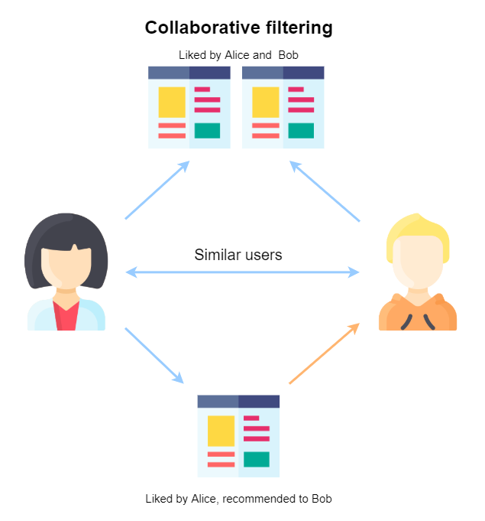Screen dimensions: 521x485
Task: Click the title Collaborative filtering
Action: pyautogui.click(x=238, y=28)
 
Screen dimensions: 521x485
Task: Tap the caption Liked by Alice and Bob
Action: pyautogui.click(x=238, y=55)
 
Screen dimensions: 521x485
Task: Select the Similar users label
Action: pyautogui.click(x=238, y=255)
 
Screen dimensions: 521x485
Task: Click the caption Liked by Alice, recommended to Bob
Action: pyautogui.click(x=238, y=499)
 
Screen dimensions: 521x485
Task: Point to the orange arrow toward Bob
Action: pyautogui.click(x=324, y=353)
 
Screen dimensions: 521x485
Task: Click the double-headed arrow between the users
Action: pyautogui.click(x=242, y=272)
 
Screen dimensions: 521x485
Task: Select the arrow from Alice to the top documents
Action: pyautogui.click(x=157, y=190)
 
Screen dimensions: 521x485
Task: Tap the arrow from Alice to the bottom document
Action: pyautogui.click(x=154, y=356)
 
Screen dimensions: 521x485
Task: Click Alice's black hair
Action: pyautogui.click(x=65, y=230)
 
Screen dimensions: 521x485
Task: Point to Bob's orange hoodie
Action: pyautogui.click(x=418, y=314)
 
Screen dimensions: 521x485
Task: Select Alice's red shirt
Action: pyautogui.click(x=66, y=315)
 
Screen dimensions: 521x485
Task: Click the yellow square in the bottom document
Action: pyautogui.click(x=221, y=431)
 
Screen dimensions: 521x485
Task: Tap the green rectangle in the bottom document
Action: pyautogui.click(x=256, y=459)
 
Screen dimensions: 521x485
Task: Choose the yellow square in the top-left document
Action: pyautogui.click(x=172, y=102)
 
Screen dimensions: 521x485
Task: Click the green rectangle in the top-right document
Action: pyautogui.click(x=301, y=130)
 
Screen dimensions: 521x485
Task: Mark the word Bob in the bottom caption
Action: pyautogui.click(x=322, y=499)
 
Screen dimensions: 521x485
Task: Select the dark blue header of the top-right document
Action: pyautogui.click(x=303, y=73)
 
